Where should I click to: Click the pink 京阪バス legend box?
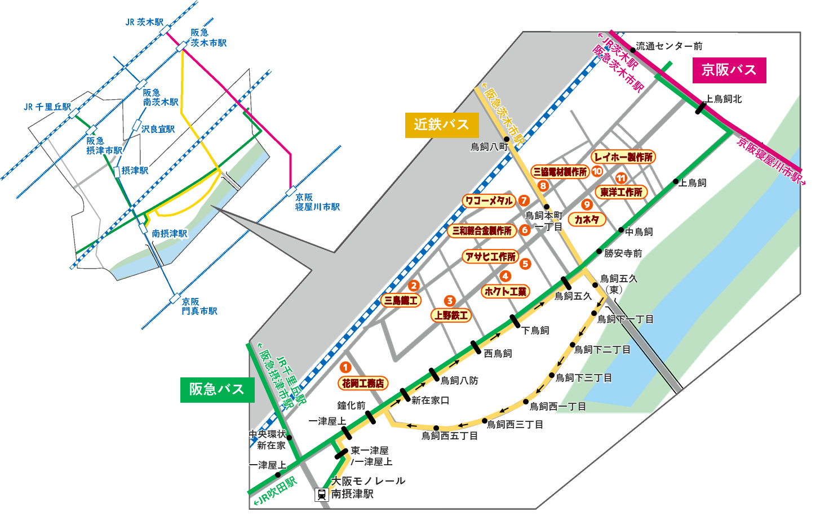[729, 70]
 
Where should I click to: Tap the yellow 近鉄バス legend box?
[441, 125]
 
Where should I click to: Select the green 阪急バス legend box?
[217, 390]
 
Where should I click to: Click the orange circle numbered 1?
[345, 367]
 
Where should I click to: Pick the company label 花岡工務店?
[363, 384]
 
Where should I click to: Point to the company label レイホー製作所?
[624, 157]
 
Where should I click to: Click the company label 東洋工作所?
[621, 192]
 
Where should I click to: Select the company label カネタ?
[587, 220]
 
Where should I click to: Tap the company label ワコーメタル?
[489, 201]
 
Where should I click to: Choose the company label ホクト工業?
[506, 291]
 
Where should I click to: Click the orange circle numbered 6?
[525, 230]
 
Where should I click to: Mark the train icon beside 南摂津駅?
[321, 495]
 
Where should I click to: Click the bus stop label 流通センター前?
[669, 46]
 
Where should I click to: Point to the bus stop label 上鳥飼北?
[724, 99]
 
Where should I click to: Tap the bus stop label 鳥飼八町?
[489, 147]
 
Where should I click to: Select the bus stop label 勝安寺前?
[623, 253]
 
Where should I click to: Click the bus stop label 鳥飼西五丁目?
[450, 436]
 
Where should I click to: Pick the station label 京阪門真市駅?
[200, 306]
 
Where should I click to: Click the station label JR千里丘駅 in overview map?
[47, 107]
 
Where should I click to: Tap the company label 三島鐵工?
[401, 301]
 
